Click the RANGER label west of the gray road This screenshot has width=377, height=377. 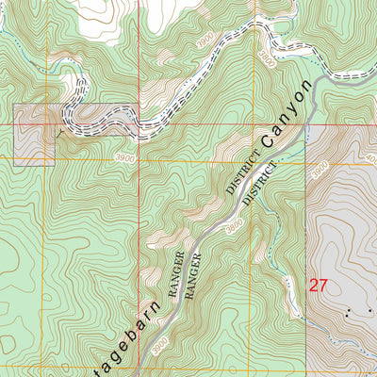[175, 274]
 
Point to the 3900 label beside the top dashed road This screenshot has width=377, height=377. [205, 41]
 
